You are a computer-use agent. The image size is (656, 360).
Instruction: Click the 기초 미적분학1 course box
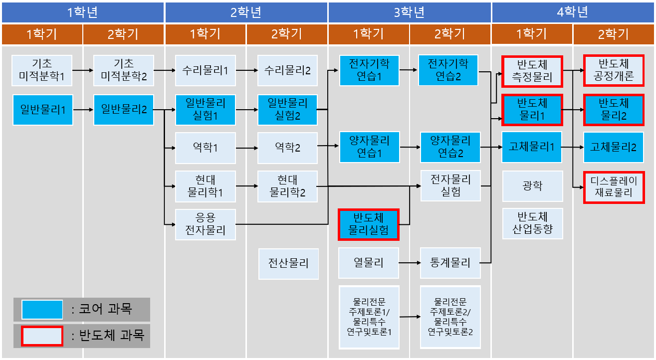pyautogui.click(x=42, y=70)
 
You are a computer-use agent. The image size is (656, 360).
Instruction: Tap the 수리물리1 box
pyautogui.click(x=206, y=70)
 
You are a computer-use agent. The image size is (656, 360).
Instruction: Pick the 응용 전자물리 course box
pyautogui.click(x=206, y=224)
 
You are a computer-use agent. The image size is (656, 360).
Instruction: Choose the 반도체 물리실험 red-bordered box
pyautogui.click(x=369, y=224)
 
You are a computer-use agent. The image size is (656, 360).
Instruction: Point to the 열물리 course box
pyautogui.click(x=369, y=262)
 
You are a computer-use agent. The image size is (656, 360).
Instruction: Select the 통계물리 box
pyautogui.click(x=450, y=262)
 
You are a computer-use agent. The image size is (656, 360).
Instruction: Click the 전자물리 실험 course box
pyautogui.click(x=450, y=186)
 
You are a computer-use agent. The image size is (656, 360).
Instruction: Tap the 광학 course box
pyautogui.click(x=532, y=186)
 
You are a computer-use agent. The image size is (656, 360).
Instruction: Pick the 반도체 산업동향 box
pyautogui.click(x=532, y=224)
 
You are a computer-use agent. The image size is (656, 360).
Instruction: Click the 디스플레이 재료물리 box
pyautogui.click(x=614, y=187)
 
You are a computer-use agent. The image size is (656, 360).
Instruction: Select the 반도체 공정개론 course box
pyautogui.click(x=614, y=70)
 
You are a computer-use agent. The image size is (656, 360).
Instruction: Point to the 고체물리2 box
pyautogui.click(x=614, y=147)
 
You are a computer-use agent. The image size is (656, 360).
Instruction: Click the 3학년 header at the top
pyautogui.click(x=410, y=12)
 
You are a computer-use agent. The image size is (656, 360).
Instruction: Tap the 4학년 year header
pyautogui.click(x=573, y=12)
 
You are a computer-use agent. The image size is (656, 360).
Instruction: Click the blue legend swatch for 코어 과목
pyautogui.click(x=42, y=310)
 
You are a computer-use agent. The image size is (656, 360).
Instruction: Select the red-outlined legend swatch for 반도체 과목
pyautogui.click(x=42, y=336)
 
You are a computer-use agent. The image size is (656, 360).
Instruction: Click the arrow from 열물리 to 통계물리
pyautogui.click(x=410, y=262)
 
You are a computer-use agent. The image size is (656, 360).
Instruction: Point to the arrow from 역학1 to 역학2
pyautogui.click(x=246, y=148)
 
